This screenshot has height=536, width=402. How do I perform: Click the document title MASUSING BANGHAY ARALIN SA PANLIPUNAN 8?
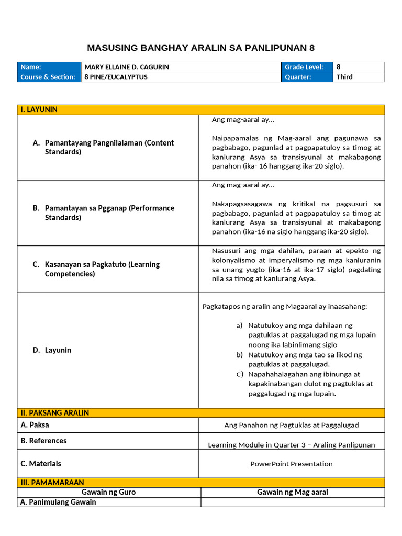pos(200,48)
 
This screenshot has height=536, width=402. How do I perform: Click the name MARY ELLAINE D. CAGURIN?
pos(126,67)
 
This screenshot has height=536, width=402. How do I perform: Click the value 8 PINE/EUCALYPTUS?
pos(116,77)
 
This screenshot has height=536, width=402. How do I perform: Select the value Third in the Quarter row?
pos(344,77)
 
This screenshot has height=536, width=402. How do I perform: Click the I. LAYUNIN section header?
pos(39,109)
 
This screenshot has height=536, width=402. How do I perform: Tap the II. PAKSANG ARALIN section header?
pos(54,412)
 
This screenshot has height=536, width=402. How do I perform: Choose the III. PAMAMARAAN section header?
pos(52,482)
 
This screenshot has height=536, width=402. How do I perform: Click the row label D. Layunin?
pos(52,350)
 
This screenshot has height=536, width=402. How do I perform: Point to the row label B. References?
pos(43,441)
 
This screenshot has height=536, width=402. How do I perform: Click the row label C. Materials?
pos(41,463)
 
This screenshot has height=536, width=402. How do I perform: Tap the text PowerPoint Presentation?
pos(291,464)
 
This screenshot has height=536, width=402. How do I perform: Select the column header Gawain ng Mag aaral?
pos(293,492)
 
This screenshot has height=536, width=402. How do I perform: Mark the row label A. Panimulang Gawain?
pos(58,502)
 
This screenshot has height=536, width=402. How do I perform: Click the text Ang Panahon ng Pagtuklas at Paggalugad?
pos(291,425)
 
